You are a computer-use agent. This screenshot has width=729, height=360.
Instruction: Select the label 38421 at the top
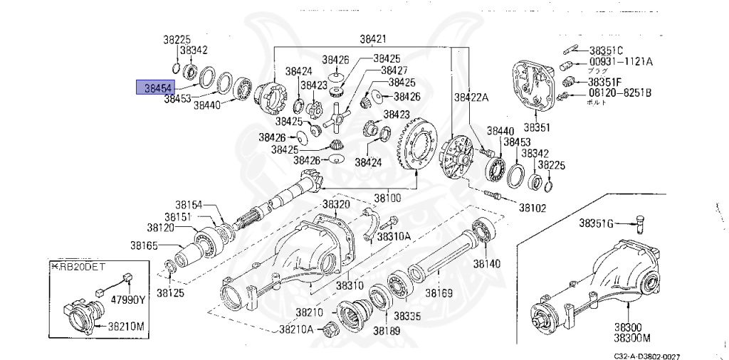point(373,39)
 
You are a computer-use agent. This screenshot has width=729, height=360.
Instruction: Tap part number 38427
point(394,70)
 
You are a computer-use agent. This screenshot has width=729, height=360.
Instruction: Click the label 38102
point(532,208)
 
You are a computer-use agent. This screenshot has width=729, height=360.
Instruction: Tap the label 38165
point(145,245)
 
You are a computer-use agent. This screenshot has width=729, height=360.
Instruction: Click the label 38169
point(440,292)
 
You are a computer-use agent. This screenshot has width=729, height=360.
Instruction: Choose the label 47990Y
point(127,300)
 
